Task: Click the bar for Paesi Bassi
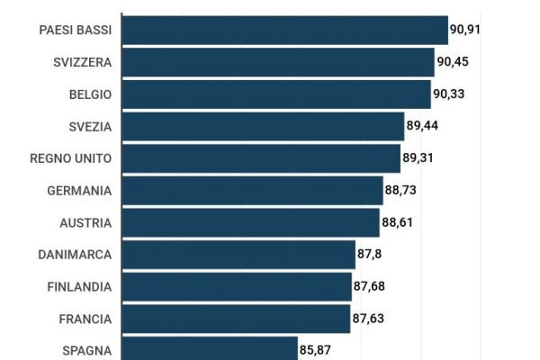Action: (284, 30)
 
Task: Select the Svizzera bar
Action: (278, 62)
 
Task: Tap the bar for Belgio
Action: (276, 94)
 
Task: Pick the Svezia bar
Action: (263, 126)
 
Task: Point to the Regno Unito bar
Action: (261, 158)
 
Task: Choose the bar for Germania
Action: (252, 191)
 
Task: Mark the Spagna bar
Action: (210, 348)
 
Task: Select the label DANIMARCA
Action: (75, 255)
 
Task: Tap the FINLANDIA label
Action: (79, 287)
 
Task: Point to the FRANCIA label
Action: (85, 319)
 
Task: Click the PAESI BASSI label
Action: (76, 30)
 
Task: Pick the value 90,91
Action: (466, 30)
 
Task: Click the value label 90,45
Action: (453, 62)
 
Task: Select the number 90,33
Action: (449, 94)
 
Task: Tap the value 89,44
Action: (422, 126)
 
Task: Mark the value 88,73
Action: (400, 191)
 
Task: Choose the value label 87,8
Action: (370, 255)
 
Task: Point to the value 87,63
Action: (367, 319)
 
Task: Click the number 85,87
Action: (315, 349)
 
